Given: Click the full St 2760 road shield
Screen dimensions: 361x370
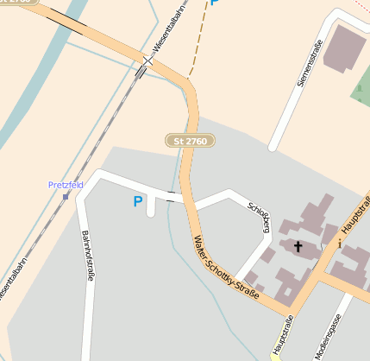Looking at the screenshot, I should pos(190,140).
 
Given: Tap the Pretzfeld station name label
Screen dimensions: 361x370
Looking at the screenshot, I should pos(65,185).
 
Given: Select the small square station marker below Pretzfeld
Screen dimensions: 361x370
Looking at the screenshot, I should pos(66,196).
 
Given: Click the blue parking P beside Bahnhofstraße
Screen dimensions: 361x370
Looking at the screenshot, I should pos(137,202).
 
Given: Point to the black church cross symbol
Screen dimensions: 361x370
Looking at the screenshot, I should pos(298,247).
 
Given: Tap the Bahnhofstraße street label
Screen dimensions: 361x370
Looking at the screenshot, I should pos(86,256).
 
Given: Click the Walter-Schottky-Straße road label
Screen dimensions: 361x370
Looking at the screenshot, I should pos(226,268).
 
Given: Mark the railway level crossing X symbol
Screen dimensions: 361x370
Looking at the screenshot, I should pos(148,61).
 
